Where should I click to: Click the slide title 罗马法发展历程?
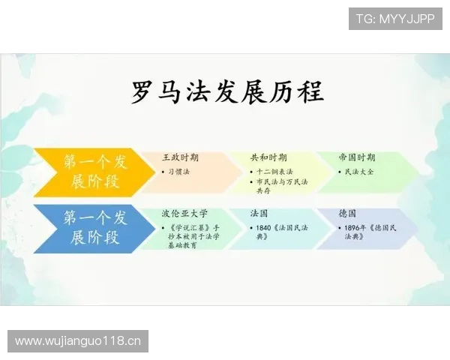tap(227, 92)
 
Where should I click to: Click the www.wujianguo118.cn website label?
tap(78, 342)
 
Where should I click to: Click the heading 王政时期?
tap(180, 157)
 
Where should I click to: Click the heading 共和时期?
tap(268, 157)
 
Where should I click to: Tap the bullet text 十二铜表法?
tap(274, 172)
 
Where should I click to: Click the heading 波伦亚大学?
tap(184, 213)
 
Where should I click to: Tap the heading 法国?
tap(259, 213)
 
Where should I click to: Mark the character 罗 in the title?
tap(145, 92)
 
